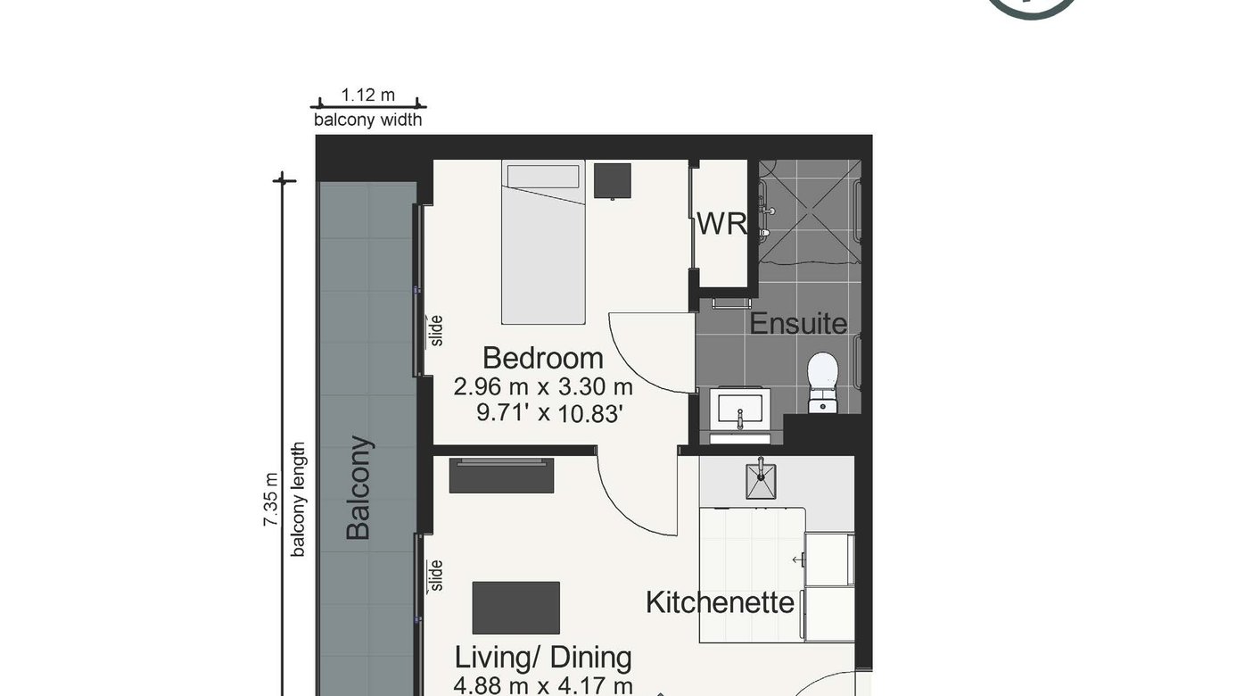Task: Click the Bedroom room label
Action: coord(543,358)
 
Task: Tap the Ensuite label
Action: coord(798,323)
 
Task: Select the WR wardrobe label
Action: coord(721,224)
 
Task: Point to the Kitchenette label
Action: coord(720,602)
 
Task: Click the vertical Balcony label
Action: coord(358,488)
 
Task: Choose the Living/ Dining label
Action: coord(543,658)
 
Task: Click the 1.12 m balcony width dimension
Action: coord(368,95)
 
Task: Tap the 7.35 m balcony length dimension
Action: coord(270,500)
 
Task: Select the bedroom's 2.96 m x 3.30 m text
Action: coord(543,387)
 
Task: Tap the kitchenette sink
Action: coord(761,481)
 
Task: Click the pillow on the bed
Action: coord(543,177)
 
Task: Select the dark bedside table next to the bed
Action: coord(613,180)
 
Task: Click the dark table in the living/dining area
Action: coord(516,608)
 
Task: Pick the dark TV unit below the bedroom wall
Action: coord(501,476)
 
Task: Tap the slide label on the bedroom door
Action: coord(436,331)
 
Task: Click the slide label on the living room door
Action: coord(436,576)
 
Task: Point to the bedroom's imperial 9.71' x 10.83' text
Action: coord(549,413)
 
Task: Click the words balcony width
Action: coord(368,120)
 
